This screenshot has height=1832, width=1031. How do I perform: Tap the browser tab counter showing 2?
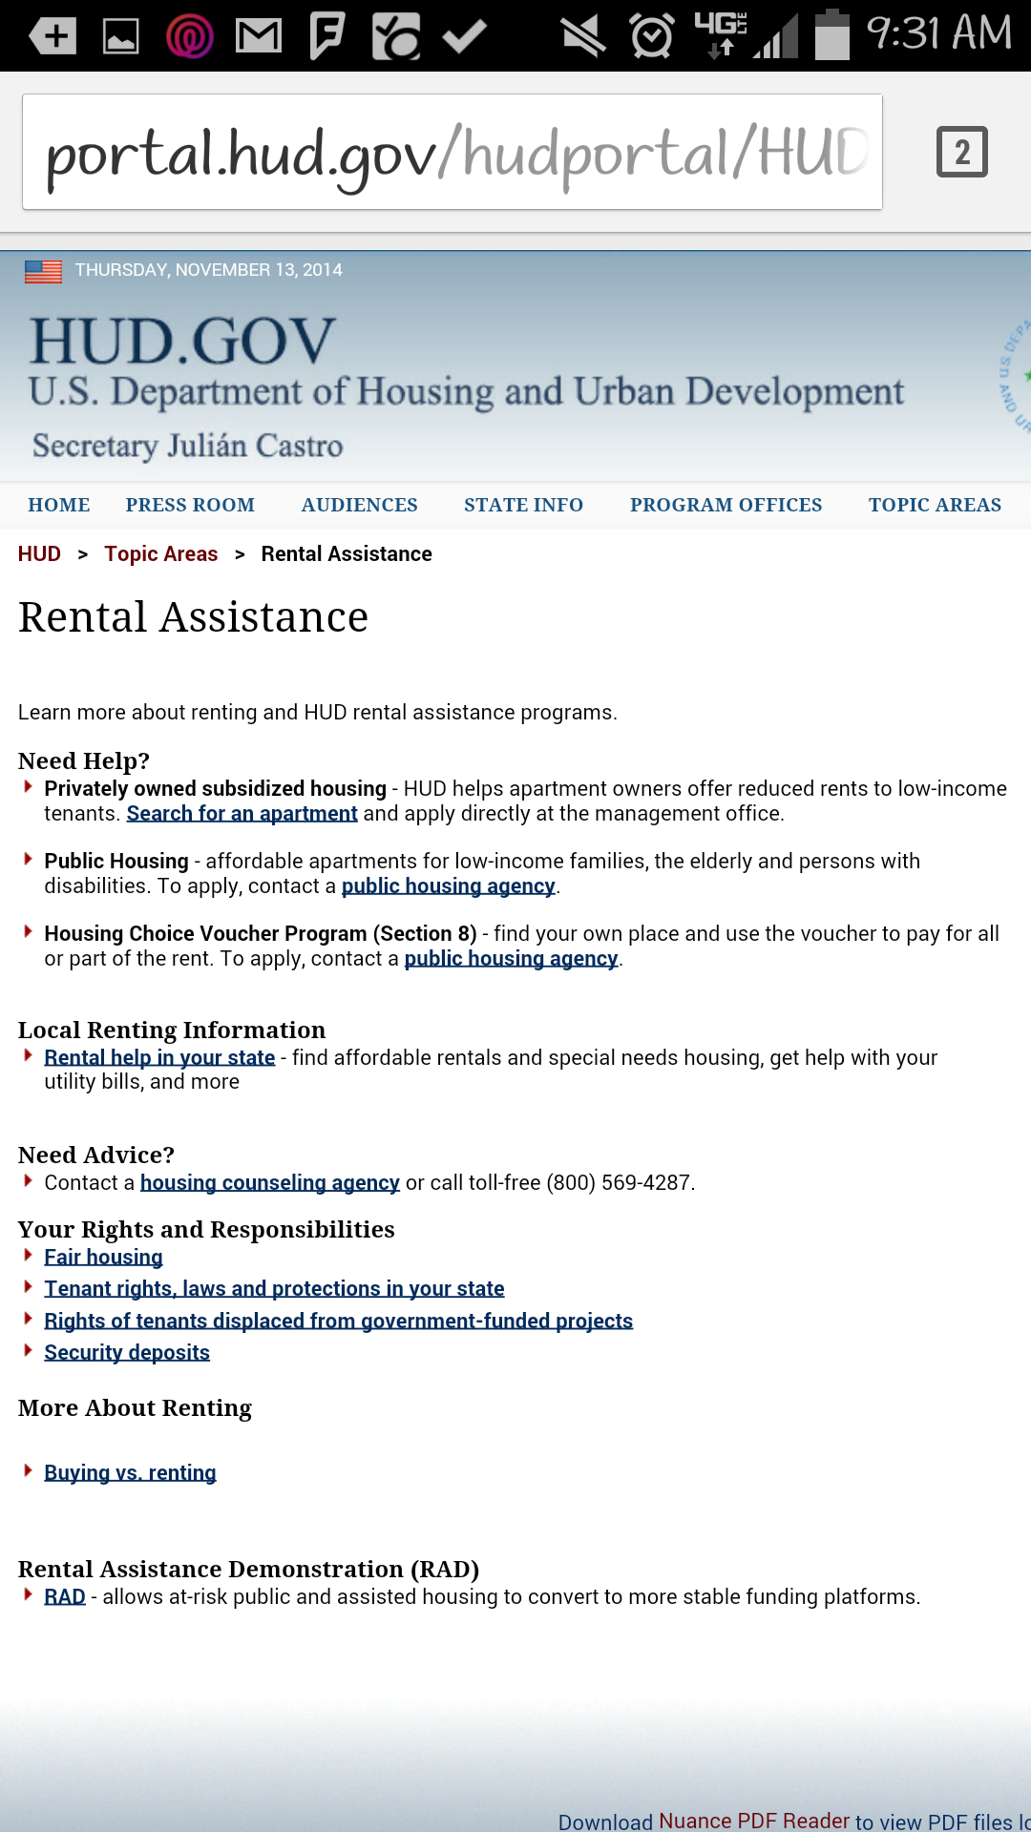[961, 152]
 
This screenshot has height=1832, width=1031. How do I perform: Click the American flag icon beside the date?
[43, 272]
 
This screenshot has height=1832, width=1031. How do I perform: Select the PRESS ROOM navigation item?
[190, 505]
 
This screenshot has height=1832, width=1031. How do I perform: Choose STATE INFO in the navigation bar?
[523, 505]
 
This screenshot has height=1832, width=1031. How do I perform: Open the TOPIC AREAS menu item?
[935, 505]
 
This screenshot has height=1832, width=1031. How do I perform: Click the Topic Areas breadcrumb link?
[160, 554]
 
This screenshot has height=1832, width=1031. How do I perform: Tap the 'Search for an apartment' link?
[242, 814]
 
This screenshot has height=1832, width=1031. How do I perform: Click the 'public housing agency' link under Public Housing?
[448, 886]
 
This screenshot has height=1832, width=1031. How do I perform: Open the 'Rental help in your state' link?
[159, 1057]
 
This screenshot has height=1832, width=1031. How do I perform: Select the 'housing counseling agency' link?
[269, 1183]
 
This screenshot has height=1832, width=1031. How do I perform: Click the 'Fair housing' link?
[103, 1258]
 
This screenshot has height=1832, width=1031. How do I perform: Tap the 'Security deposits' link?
[127, 1353]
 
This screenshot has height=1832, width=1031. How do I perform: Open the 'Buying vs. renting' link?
[130, 1473]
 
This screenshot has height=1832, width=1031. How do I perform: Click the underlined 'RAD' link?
[65, 1597]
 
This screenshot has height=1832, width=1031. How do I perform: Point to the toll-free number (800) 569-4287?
[619, 1183]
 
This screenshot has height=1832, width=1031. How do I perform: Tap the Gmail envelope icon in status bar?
[259, 37]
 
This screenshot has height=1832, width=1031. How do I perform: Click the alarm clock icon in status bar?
[652, 37]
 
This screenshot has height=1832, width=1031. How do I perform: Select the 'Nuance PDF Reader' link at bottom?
[753, 1821]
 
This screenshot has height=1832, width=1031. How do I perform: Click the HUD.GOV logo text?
[182, 342]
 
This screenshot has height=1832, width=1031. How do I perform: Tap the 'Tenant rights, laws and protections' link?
[274, 1289]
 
